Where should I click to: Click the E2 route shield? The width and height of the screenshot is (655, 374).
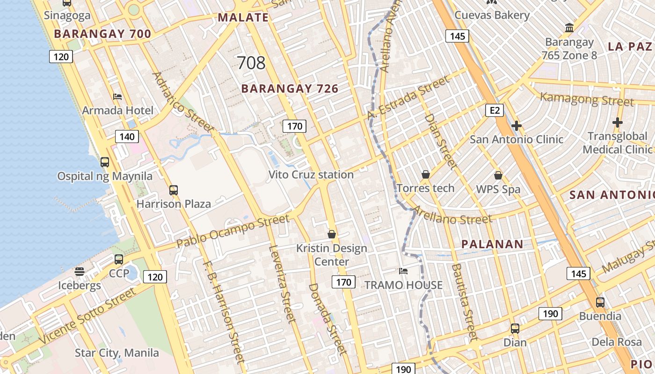[x=495, y=110]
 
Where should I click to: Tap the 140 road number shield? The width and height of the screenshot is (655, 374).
[x=127, y=137]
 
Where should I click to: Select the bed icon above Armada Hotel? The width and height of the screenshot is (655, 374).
[x=117, y=97]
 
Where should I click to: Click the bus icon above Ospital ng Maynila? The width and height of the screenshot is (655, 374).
[x=105, y=162]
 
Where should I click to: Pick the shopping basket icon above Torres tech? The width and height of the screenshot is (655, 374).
[x=426, y=174]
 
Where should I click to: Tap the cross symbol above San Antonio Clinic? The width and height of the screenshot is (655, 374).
[x=517, y=126]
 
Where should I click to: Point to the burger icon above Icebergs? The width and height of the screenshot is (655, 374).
[x=79, y=272]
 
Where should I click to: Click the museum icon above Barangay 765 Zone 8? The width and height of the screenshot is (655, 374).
[x=569, y=28]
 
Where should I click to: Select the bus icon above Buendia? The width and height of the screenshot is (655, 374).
[x=600, y=302]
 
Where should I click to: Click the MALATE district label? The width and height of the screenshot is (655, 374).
[x=243, y=18]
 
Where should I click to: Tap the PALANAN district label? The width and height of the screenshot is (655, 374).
[x=492, y=244]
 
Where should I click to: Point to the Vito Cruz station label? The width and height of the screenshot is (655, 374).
[x=311, y=175]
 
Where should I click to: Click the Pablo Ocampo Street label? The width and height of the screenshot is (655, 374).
[x=233, y=232]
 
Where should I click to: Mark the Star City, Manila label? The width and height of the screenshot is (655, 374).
[x=117, y=352]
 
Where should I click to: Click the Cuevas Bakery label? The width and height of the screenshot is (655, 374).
[x=492, y=15]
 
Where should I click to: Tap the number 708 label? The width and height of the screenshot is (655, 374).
[x=251, y=63]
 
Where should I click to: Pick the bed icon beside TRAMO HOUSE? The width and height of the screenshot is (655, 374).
[x=403, y=271]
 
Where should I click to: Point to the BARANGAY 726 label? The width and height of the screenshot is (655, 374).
[x=290, y=89]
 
